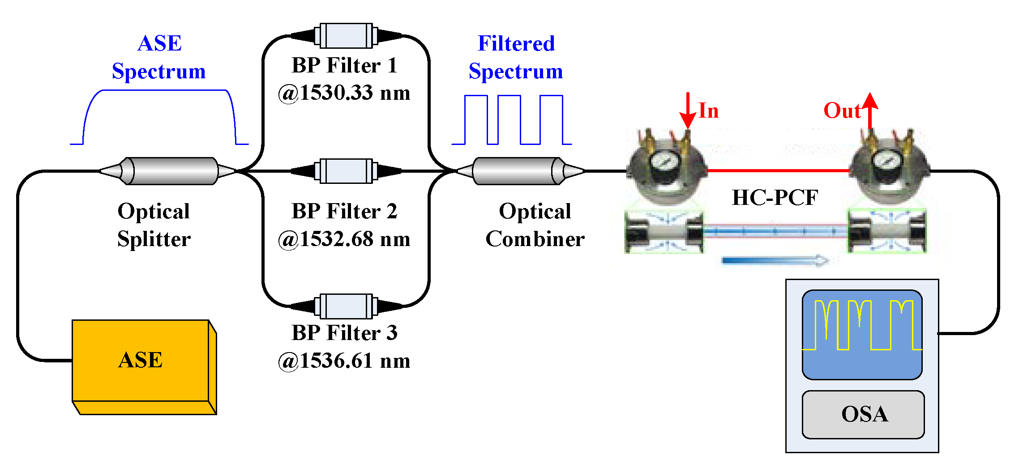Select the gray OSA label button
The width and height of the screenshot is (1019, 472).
(863, 414)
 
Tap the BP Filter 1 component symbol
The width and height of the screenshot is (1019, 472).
(346, 35)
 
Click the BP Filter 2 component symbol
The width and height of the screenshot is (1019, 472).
(346, 171)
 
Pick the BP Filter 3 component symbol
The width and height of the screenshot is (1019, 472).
(346, 306)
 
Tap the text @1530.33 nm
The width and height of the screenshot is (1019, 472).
(344, 93)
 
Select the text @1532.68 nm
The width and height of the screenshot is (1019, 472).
(344, 239)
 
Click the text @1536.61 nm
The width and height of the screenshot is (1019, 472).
(344, 361)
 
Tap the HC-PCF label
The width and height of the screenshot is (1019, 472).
(775, 198)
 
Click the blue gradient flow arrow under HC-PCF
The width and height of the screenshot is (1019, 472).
(775, 260)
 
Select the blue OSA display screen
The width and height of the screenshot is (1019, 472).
(862, 335)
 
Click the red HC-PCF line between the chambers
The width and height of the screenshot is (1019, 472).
(778, 170)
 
